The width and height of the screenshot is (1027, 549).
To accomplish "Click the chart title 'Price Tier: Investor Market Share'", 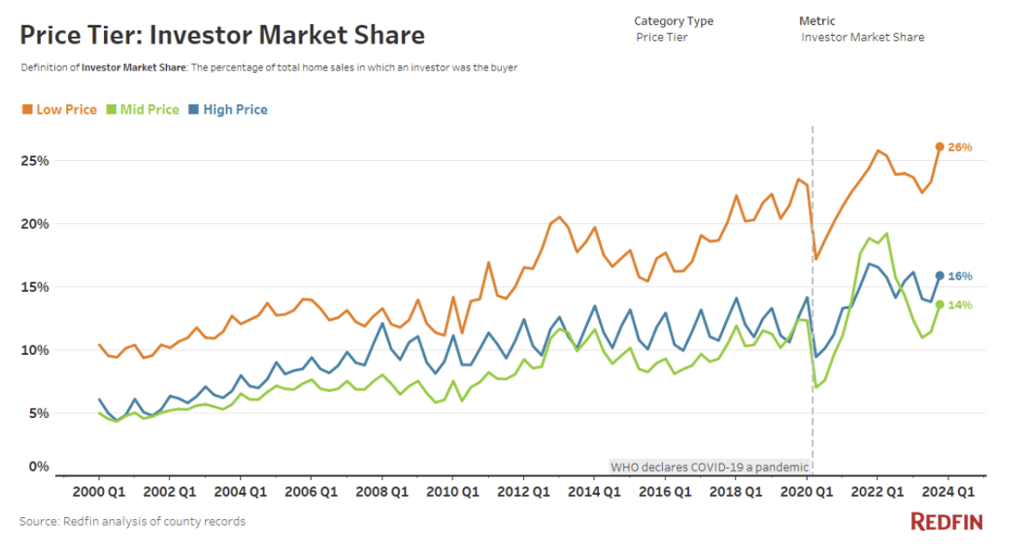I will click(x=222, y=36).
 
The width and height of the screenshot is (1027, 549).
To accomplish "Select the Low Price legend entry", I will click(x=60, y=110).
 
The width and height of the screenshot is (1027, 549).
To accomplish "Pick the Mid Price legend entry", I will click(x=144, y=110).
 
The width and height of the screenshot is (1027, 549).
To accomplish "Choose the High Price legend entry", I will click(x=228, y=110).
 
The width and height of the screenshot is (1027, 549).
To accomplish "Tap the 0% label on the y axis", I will click(x=38, y=467).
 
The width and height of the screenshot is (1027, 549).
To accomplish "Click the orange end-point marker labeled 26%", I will click(x=940, y=147).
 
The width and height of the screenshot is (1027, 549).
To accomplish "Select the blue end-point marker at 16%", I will click(x=940, y=275).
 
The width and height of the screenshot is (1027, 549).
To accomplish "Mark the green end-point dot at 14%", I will click(x=940, y=305).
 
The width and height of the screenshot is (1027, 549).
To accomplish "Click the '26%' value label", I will click(x=960, y=147).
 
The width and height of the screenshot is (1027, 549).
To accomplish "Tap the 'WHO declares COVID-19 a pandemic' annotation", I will click(x=710, y=467).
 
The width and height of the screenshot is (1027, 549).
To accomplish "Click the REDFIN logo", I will click(x=946, y=522).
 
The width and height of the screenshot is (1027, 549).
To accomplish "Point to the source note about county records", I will click(x=132, y=522).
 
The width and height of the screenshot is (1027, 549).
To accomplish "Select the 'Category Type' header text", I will click(x=674, y=20).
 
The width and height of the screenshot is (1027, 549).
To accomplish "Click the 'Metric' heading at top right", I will click(x=817, y=20).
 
